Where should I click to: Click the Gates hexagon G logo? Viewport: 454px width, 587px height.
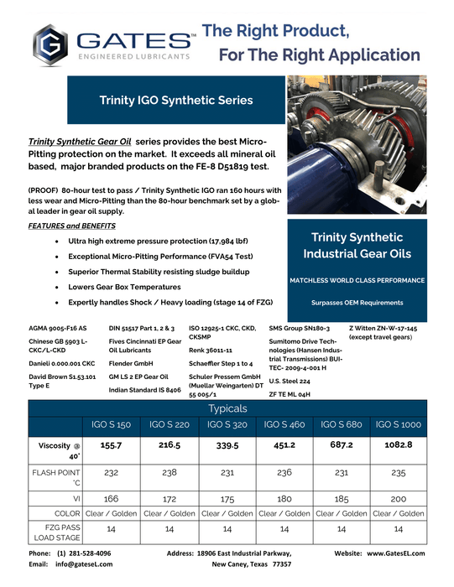tap(50, 47)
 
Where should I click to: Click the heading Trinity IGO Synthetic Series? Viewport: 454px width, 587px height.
tap(175, 100)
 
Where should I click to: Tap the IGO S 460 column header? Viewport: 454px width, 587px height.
tap(284, 425)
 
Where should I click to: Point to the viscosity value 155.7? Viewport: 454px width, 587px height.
tap(112, 447)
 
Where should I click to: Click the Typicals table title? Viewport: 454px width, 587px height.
tap(227, 408)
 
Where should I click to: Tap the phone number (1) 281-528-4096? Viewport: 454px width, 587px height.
tap(84, 553)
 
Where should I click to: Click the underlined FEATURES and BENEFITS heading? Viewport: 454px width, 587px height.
tap(71, 226)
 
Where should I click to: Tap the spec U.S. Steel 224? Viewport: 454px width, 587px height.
tap(291, 381)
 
